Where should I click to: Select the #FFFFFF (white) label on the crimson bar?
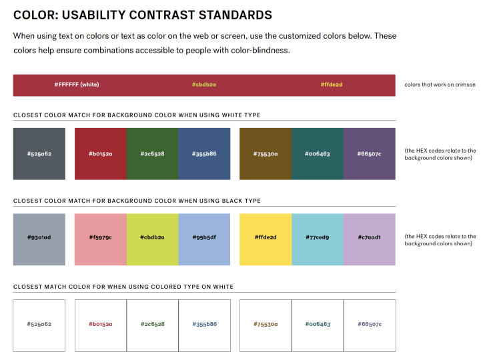77,85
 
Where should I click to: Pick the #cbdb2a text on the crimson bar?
204,85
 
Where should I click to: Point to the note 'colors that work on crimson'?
440,85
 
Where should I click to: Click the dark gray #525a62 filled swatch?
39,154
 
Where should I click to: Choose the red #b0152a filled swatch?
100,154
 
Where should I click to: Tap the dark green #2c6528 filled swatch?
152,154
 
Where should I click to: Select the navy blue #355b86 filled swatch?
204,154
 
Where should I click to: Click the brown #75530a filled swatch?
266,154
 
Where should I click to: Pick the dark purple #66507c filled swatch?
370,154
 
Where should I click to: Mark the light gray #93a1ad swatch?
39,237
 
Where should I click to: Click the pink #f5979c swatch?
100,237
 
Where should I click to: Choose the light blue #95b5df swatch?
204,237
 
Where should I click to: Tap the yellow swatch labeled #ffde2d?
266,237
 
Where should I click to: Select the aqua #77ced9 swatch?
318,237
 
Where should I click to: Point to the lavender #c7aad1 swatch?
370,237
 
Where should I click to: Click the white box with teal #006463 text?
318,325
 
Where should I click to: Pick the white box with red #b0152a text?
100,325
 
